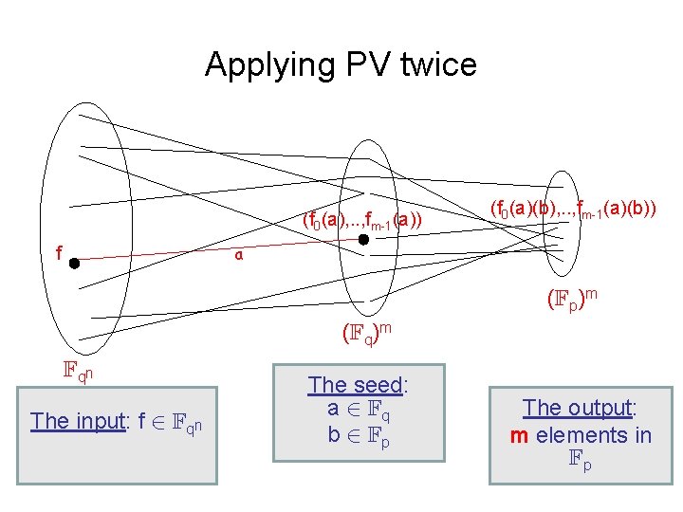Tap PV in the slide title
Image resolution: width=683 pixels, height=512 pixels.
(350, 65)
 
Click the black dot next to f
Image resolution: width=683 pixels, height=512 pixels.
(74, 265)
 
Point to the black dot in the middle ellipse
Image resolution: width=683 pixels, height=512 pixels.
(364, 241)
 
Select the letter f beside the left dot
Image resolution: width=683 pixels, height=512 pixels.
(59, 253)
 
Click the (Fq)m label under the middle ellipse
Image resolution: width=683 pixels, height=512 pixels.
(367, 333)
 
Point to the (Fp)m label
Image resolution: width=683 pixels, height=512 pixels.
(572, 300)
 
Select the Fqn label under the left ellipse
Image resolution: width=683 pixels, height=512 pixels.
(78, 372)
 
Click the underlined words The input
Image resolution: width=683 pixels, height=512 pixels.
(83, 420)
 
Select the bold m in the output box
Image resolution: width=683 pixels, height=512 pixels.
(519, 435)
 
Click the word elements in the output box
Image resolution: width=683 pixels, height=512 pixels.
(581, 435)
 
